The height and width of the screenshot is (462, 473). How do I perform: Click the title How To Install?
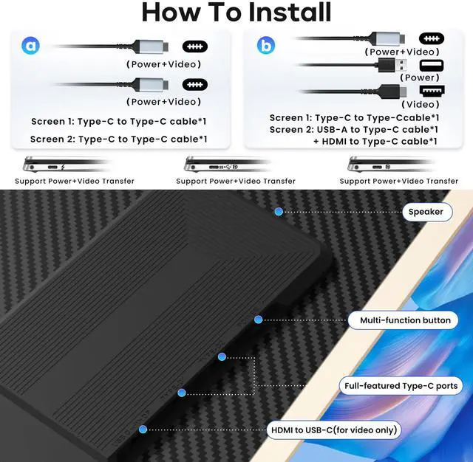tap(236, 13)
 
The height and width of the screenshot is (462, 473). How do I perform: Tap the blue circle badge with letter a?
tap(30, 46)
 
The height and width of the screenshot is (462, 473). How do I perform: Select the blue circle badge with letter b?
tap(265, 45)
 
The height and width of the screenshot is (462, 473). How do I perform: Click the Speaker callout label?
tap(426, 212)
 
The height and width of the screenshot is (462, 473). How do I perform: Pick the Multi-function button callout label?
tap(404, 320)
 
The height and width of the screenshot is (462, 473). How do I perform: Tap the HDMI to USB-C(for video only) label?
tap(333, 430)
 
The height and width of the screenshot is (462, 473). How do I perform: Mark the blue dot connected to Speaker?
tap(279, 212)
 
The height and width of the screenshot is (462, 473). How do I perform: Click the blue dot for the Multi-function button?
tap(258, 320)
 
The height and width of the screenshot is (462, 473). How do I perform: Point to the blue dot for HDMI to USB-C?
tap(143, 429)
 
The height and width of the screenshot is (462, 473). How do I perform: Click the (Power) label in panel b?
tap(421, 77)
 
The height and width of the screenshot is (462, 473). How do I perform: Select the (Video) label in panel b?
tap(421, 104)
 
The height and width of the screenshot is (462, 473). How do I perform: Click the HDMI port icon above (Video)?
tap(431, 91)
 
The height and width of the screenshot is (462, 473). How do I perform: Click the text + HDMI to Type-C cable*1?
tap(375, 141)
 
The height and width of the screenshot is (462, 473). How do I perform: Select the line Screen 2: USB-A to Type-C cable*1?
tap(354, 129)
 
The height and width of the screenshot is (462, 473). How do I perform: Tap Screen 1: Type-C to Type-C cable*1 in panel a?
tap(119, 121)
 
